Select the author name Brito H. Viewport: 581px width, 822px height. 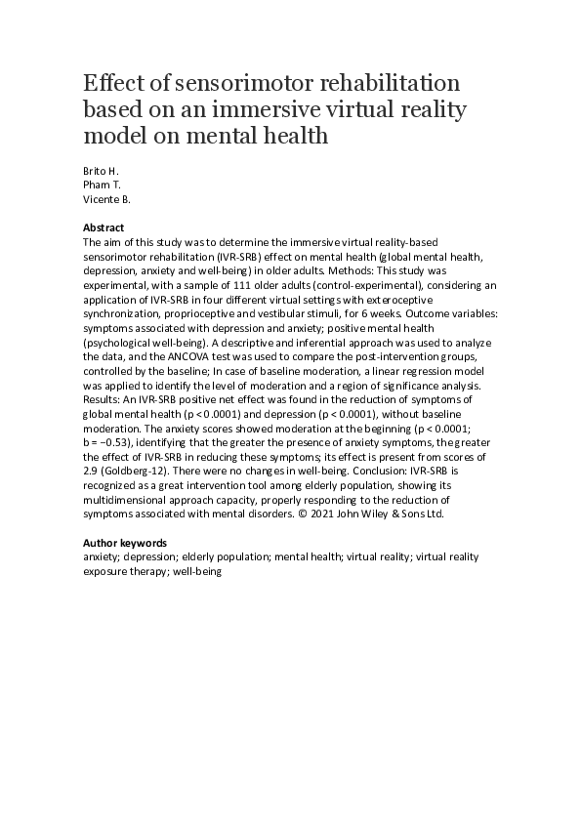(99, 169)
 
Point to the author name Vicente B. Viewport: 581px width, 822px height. (106, 198)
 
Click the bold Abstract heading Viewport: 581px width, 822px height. (104, 227)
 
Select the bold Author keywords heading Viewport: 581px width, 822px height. (125, 542)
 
